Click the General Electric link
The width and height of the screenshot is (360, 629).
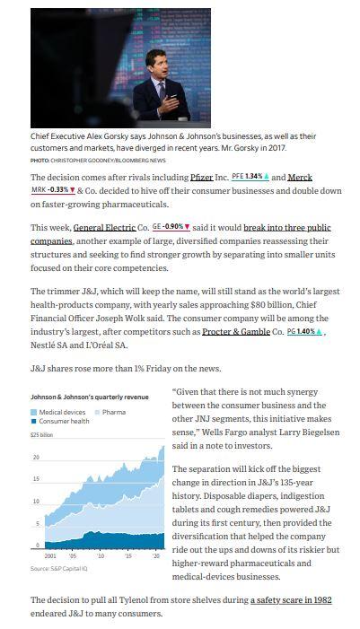click(x=101, y=228)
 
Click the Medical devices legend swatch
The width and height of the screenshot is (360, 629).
click(x=34, y=412)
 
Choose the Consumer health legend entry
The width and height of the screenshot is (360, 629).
click(x=63, y=421)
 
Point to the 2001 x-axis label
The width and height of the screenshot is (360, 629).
click(x=37, y=556)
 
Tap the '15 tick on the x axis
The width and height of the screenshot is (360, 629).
click(x=127, y=556)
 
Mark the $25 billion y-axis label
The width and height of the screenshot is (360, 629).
click(x=42, y=434)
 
